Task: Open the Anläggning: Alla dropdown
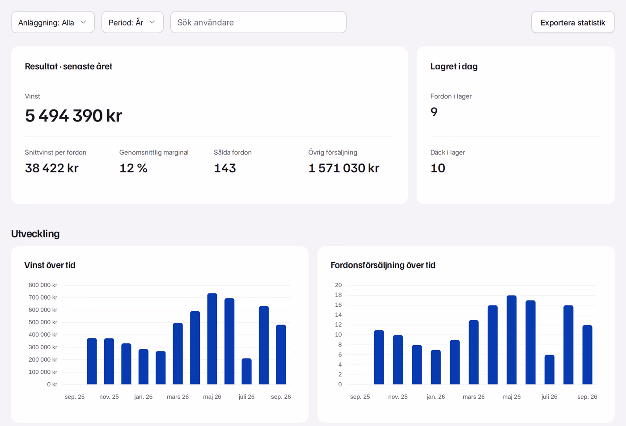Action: click(x=53, y=22)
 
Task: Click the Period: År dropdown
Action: click(x=132, y=22)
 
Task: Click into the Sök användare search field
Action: click(x=258, y=22)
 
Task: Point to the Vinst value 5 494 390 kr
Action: click(x=73, y=116)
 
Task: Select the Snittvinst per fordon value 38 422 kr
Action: click(x=52, y=168)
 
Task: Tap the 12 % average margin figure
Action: click(x=133, y=168)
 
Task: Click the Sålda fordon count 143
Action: click(x=225, y=168)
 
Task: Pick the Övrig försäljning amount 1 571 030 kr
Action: click(x=344, y=168)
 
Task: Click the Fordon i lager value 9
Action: click(x=434, y=112)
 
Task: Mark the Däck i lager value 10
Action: click(x=438, y=168)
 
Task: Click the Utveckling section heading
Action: click(x=35, y=234)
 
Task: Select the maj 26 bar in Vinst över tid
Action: click(x=212, y=338)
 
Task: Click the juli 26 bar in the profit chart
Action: click(x=246, y=371)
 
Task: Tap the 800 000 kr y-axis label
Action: click(x=43, y=285)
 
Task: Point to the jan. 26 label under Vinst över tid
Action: click(x=144, y=397)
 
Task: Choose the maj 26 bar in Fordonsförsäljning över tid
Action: click(x=512, y=340)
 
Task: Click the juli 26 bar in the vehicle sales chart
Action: click(x=550, y=370)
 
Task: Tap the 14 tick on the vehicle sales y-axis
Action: click(x=338, y=315)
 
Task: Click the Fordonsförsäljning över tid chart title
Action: click(x=383, y=265)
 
